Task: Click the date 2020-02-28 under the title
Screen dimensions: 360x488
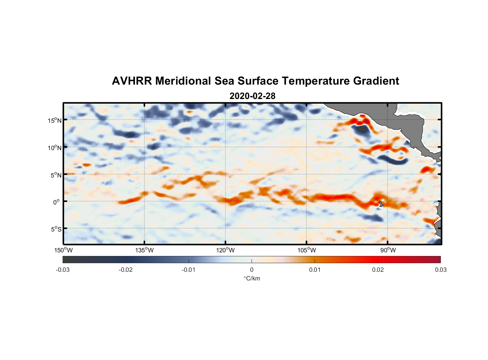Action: [x=252, y=96]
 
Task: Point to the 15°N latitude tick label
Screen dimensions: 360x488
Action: [x=55, y=120]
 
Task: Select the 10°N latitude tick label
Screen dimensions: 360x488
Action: [x=55, y=148]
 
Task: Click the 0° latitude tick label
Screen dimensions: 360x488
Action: [x=57, y=202]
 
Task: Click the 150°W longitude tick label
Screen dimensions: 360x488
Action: [x=64, y=250]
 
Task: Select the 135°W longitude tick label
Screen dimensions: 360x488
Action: [x=145, y=250]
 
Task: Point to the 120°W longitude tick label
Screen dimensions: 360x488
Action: [x=226, y=250]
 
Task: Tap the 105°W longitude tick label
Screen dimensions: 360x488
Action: [x=307, y=250]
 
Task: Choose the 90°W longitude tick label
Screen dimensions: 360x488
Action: [x=388, y=250]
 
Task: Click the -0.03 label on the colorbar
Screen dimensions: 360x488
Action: [x=63, y=270]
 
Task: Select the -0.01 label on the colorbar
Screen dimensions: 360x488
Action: [x=189, y=270]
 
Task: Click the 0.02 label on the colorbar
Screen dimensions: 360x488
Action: [x=378, y=270]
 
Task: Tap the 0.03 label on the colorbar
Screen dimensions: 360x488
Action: [x=440, y=270]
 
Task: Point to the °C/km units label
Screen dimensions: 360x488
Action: [x=252, y=278]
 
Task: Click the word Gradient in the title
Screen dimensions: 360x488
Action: [x=376, y=81]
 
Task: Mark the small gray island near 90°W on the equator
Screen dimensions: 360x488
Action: [x=381, y=204]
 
